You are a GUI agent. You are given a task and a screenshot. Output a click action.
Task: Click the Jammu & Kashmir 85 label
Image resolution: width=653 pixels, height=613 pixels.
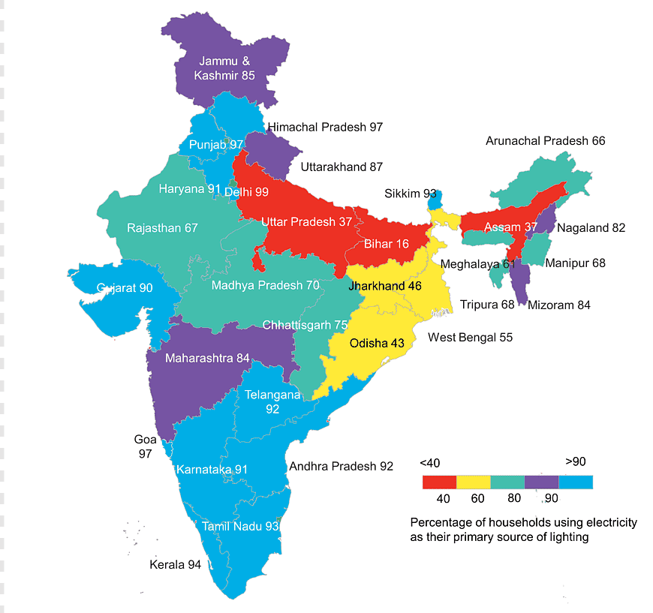[x=225, y=68]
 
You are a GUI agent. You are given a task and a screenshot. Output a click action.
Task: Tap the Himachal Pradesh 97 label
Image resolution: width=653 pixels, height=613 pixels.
[x=325, y=127]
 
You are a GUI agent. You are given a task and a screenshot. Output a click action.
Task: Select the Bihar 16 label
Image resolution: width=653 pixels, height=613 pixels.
[x=387, y=244]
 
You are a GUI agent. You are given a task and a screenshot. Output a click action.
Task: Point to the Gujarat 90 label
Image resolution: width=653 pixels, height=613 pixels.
[x=125, y=288]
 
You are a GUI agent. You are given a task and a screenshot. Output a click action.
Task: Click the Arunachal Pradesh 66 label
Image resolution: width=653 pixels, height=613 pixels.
[x=545, y=140]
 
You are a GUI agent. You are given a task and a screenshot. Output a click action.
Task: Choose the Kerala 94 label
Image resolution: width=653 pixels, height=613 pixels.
[x=175, y=564]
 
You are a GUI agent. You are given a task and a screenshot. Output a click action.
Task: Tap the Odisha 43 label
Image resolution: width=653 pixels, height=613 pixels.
[x=377, y=343]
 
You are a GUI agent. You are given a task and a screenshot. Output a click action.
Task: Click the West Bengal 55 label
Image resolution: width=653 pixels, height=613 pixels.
[x=470, y=338]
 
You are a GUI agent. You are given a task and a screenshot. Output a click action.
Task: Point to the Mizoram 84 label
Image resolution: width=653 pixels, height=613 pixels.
[x=559, y=305]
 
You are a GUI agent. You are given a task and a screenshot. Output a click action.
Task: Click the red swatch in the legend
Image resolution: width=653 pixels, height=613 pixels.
[x=439, y=482]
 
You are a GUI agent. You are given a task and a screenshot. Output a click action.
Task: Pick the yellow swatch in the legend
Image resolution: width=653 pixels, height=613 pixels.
[x=473, y=482]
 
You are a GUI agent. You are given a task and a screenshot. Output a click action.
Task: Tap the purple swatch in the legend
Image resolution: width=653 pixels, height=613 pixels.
[x=541, y=482]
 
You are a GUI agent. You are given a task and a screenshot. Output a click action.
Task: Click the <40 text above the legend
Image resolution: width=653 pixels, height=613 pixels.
[x=430, y=462]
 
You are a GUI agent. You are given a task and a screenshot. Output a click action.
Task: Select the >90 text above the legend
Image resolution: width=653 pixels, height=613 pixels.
[x=575, y=461]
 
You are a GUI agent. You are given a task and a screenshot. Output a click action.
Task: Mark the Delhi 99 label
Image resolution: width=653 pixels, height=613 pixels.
[x=246, y=192]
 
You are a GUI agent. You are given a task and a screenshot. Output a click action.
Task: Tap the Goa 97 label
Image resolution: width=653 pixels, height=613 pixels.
[x=145, y=447]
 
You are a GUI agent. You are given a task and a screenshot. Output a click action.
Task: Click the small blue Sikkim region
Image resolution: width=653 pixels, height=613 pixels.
[x=433, y=200]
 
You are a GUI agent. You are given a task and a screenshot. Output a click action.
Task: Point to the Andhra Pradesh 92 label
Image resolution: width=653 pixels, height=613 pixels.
[x=341, y=466]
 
